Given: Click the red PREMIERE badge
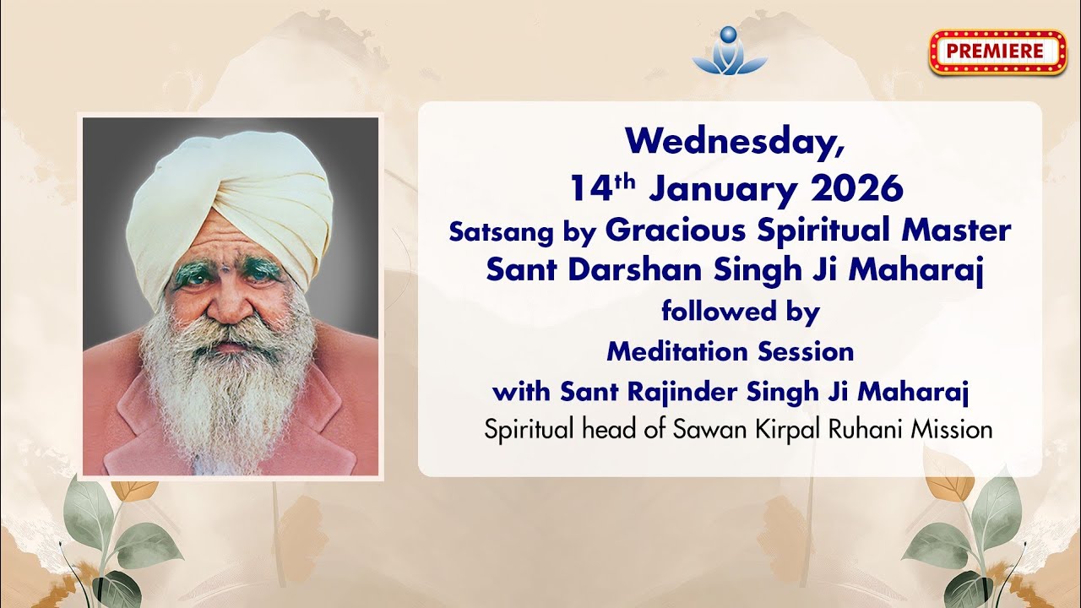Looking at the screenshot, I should click(997, 52).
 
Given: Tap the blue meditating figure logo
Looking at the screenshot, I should click(730, 51).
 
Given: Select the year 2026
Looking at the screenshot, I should click(856, 189).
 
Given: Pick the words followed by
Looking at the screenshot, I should click(740, 312).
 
